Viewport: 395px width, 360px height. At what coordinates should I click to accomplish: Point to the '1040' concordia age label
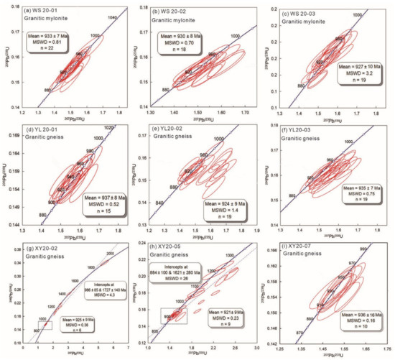pyautogui.click(x=111, y=17)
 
